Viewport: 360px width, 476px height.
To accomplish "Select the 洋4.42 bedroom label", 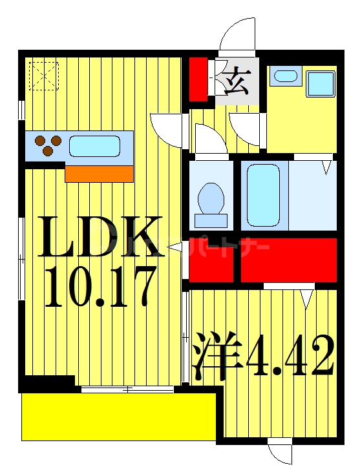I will coord(264,356).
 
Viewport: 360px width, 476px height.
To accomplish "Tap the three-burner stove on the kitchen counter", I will coord(47,145).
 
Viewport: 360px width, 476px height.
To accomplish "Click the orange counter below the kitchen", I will coord(99,173).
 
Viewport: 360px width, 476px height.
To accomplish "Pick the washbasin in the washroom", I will coord(285,76).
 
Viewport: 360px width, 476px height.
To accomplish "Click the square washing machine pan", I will coord(320,84).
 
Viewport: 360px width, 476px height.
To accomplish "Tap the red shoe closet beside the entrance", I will coord(198,79).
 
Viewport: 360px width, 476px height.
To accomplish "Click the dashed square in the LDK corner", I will coord(43,74).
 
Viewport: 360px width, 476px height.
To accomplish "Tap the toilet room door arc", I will coord(210,139).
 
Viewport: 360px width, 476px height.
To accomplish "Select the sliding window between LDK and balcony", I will coord(127,389).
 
